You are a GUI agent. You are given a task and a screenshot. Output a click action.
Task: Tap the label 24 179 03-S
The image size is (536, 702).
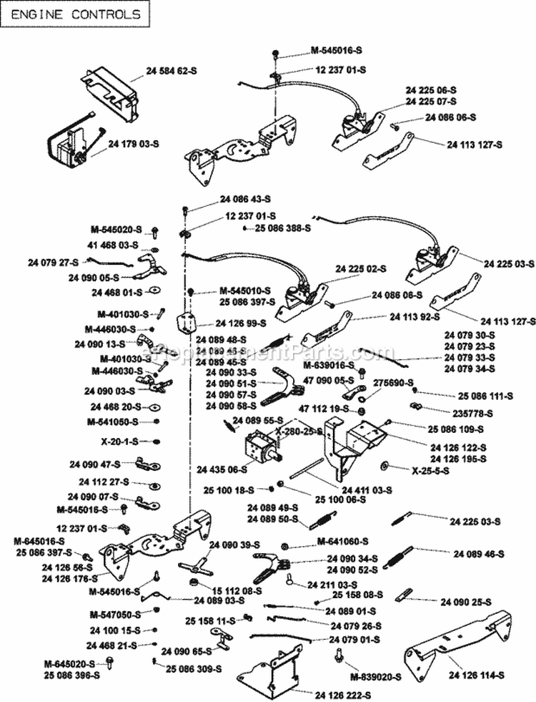pos(134,144)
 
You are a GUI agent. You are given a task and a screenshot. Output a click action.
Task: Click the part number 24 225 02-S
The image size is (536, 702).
pos(360,268)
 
